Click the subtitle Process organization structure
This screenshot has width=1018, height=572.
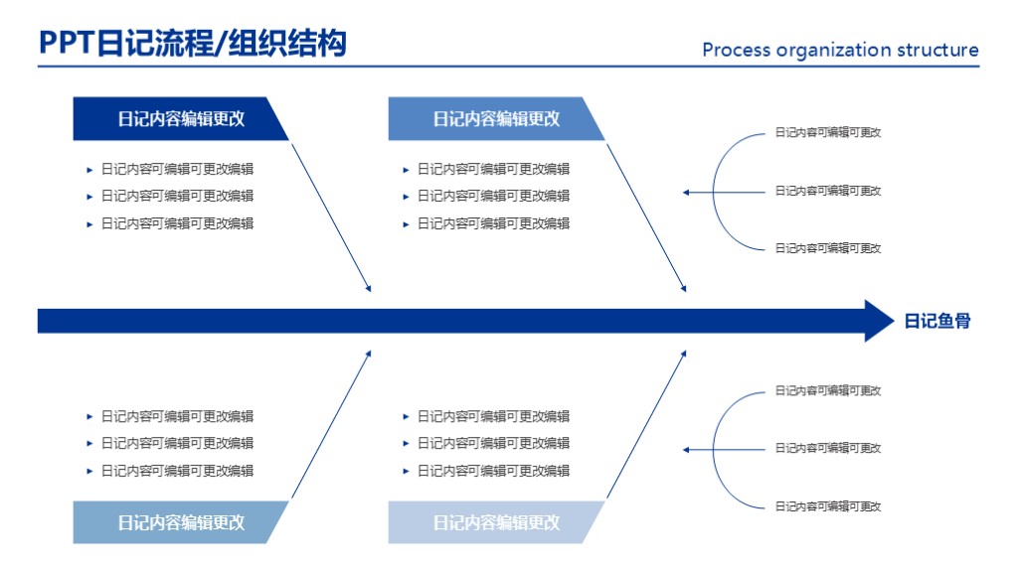[x=840, y=51]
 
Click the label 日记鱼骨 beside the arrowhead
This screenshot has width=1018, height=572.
[x=936, y=321]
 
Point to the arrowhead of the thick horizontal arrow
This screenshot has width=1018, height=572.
[x=879, y=321]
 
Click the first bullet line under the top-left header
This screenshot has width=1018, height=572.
[x=177, y=169]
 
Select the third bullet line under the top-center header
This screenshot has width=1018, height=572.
[x=493, y=223]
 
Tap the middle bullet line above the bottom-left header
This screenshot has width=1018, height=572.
[x=177, y=443]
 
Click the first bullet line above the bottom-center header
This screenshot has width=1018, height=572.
[x=493, y=416]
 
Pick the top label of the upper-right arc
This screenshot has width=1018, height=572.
[x=828, y=132]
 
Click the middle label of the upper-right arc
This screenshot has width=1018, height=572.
[x=828, y=191]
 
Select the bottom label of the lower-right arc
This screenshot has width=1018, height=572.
[x=828, y=506]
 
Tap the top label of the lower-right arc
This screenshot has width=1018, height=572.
[x=828, y=390]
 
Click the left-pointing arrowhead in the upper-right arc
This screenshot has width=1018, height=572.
[x=687, y=192]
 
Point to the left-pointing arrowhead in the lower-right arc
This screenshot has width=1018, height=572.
[x=687, y=450]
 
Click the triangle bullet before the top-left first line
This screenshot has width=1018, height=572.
[x=90, y=169]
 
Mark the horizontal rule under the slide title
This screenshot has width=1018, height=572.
[x=508, y=67]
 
